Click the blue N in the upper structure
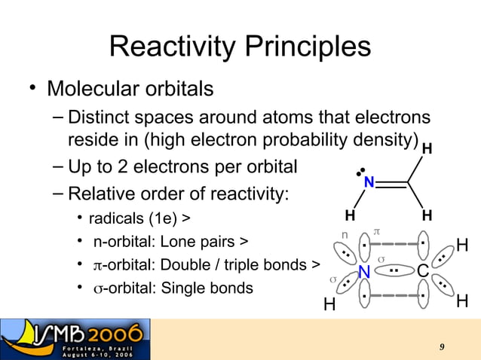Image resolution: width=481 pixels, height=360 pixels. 369,183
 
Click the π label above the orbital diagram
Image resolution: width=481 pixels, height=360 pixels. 378,227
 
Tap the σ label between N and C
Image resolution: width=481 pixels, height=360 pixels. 381,259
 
